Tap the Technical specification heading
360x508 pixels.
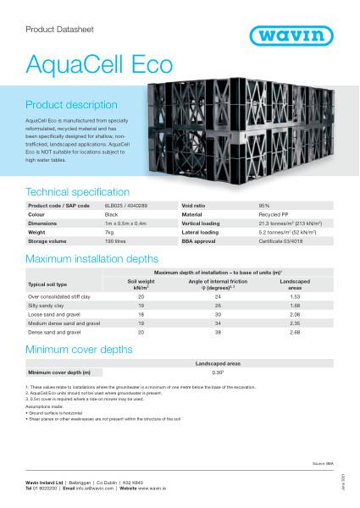(x=78, y=192)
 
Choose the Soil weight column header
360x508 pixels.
(x=140, y=284)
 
